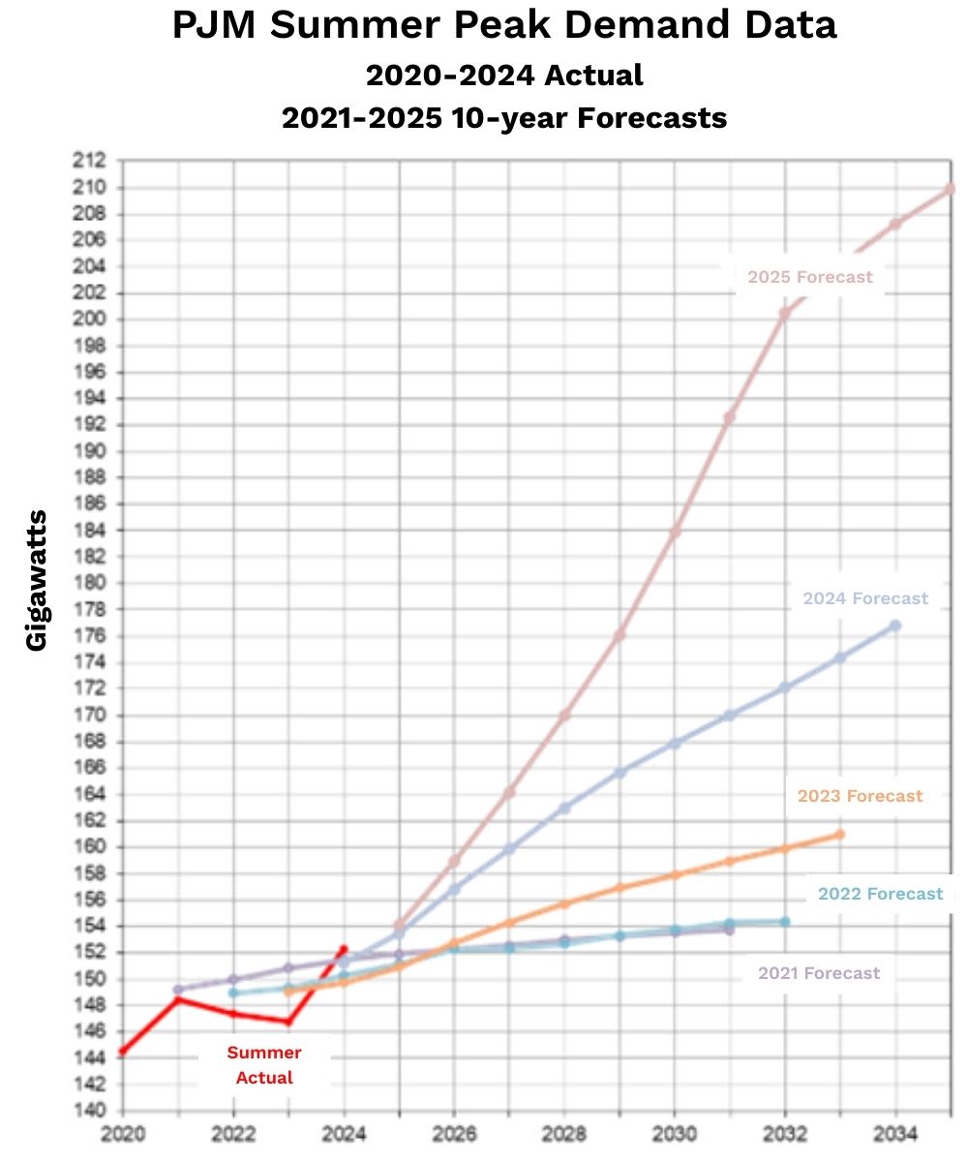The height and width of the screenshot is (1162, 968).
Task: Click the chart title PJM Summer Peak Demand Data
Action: pyautogui.click(x=503, y=26)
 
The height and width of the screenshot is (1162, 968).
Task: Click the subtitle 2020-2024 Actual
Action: pyautogui.click(x=503, y=74)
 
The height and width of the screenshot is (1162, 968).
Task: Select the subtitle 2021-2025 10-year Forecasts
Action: pyautogui.click(x=503, y=118)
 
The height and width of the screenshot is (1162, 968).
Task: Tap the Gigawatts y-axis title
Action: pyautogui.click(x=37, y=580)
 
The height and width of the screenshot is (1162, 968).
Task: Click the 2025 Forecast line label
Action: pyautogui.click(x=810, y=277)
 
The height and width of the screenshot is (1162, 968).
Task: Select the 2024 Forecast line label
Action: pyautogui.click(x=865, y=598)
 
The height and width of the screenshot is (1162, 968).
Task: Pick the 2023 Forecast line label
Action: pyautogui.click(x=860, y=796)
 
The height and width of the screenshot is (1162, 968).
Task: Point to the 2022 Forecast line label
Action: pyautogui.click(x=880, y=894)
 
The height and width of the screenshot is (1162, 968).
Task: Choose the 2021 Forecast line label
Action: pyautogui.click(x=819, y=973)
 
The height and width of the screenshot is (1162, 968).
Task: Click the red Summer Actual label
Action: pyautogui.click(x=264, y=1064)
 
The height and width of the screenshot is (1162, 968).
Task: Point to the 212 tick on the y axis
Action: pyautogui.click(x=93, y=161)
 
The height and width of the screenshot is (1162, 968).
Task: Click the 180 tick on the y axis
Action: pyautogui.click(x=93, y=583)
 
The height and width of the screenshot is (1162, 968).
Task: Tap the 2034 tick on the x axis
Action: pyautogui.click(x=895, y=1132)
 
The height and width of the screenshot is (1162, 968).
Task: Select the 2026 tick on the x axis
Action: pyautogui.click(x=454, y=1132)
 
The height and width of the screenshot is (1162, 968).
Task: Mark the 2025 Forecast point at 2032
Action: pyautogui.click(x=785, y=313)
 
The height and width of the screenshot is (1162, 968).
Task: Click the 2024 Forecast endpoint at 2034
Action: pyautogui.click(x=895, y=626)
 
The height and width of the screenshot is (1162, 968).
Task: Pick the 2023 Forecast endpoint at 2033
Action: pyautogui.click(x=839, y=834)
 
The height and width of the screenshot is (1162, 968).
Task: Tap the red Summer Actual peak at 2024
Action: pyautogui.click(x=344, y=949)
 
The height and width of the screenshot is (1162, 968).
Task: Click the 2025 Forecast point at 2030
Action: pyautogui.click(x=675, y=532)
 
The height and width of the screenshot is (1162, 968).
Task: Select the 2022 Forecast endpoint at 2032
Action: pyautogui.click(x=785, y=921)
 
